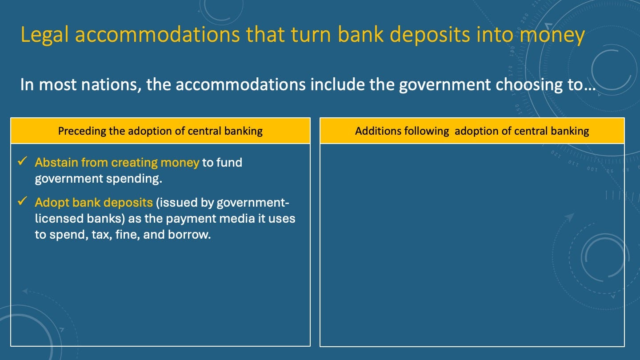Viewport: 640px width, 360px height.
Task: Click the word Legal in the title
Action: point(44,35)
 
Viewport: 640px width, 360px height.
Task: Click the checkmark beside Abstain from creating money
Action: point(22,161)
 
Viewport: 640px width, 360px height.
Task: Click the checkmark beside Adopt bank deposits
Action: point(22,201)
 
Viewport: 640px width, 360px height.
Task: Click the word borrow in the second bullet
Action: point(189,235)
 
